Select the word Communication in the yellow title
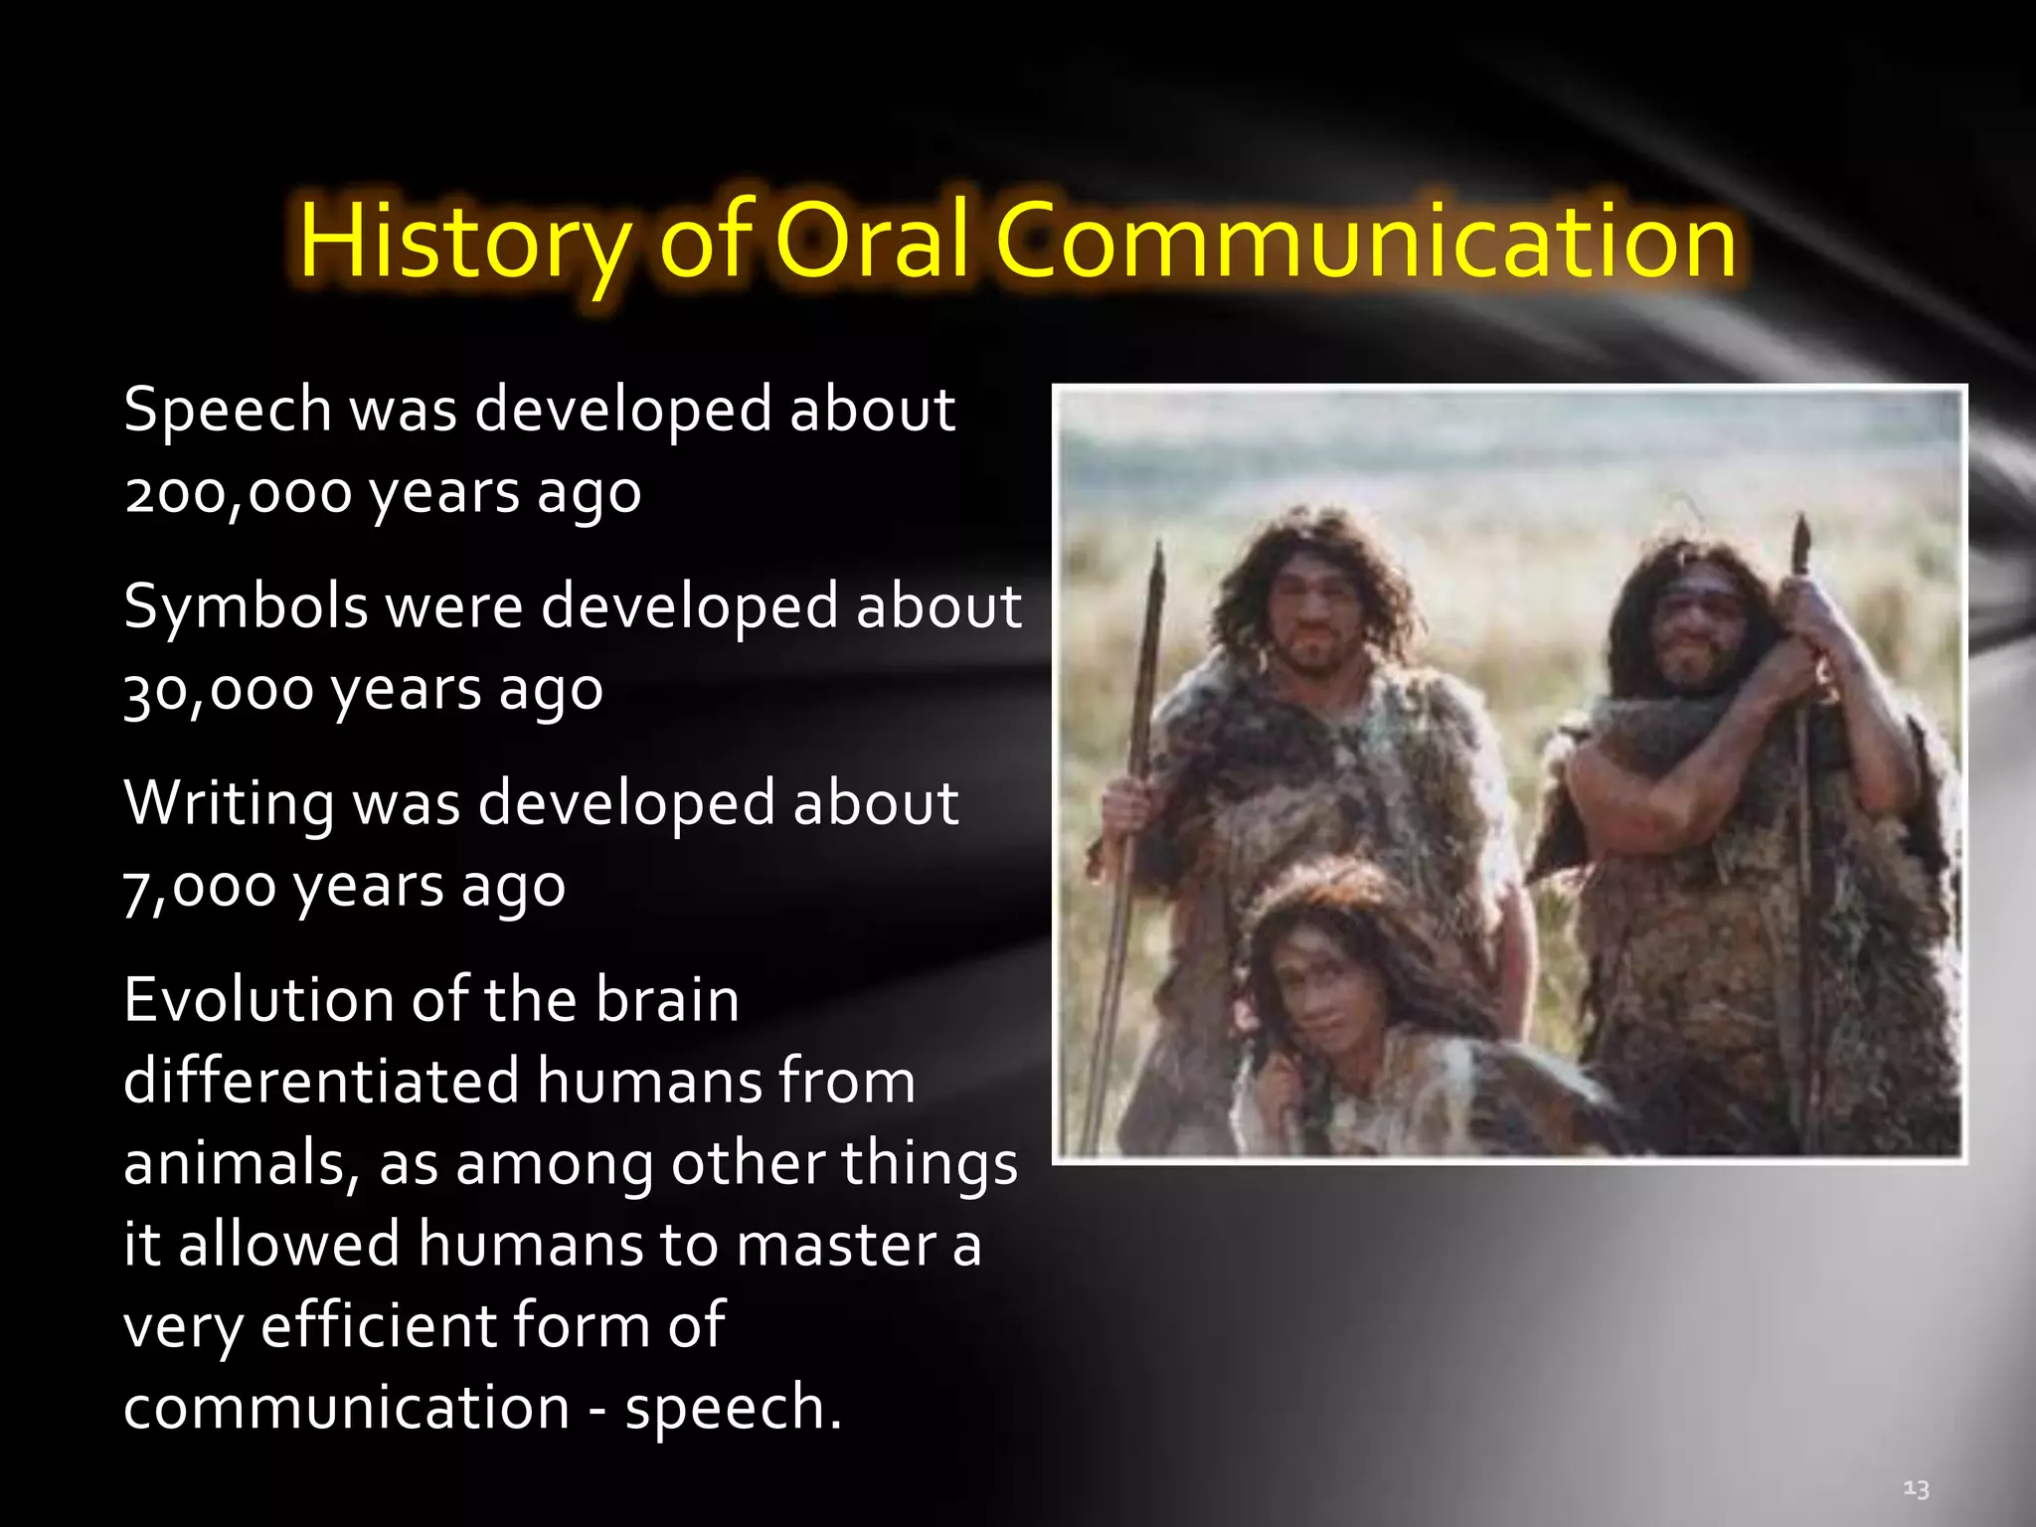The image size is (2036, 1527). pos(1366,242)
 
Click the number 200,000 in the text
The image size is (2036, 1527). pos(239,493)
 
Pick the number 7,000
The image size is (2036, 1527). pos(200,888)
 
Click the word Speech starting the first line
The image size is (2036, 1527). pos(228,411)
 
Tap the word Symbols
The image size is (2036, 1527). pos(246,607)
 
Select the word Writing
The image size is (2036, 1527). pos(229,803)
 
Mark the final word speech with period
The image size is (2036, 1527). pos(733,1409)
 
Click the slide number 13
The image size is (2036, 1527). pos(1916,1488)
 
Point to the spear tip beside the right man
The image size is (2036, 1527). pos(1800,542)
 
